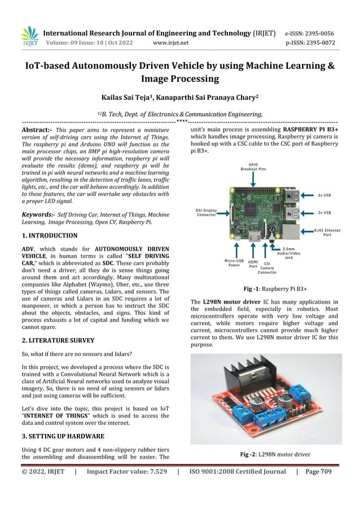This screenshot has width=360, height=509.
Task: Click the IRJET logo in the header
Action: [x=29, y=36]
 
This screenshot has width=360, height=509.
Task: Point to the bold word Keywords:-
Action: [x=38, y=214]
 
